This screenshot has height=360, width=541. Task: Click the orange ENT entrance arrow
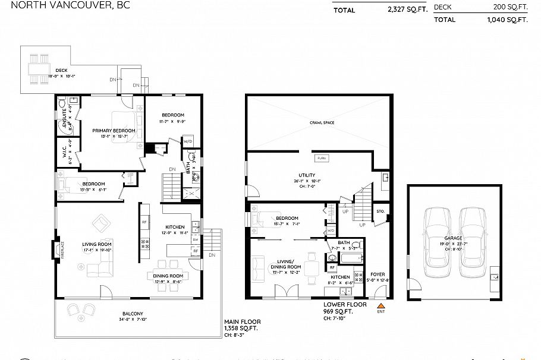381,305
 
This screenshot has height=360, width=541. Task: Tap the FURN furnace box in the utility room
321,159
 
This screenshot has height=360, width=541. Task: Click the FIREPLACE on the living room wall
58,249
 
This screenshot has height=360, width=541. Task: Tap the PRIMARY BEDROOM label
113,131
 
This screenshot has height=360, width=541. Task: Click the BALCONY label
133,314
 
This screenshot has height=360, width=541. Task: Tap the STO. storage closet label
380,211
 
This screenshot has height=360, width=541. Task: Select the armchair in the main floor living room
100,224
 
